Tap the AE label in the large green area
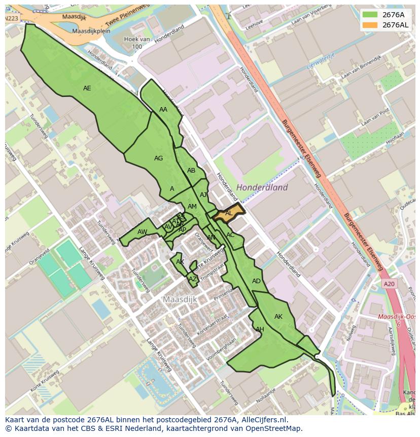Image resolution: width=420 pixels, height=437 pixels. point(87,88)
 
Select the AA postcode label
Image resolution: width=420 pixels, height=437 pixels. point(163,110)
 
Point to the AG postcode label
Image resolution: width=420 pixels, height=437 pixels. point(158,158)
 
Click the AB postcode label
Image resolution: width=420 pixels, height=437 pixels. point(191,171)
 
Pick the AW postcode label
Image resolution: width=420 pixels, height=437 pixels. point(142,232)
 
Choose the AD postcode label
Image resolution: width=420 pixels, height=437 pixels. point(256,281)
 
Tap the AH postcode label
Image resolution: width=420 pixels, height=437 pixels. point(260,329)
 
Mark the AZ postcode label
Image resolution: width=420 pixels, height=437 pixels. point(193,279)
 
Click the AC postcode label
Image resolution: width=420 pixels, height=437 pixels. point(230,235)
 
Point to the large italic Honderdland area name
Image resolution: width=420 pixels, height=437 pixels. point(262,187)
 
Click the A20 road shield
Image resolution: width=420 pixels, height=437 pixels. point(389,284)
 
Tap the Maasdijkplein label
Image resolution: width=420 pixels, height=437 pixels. point(91,31)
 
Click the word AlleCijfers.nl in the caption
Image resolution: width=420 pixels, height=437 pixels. point(264,420)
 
